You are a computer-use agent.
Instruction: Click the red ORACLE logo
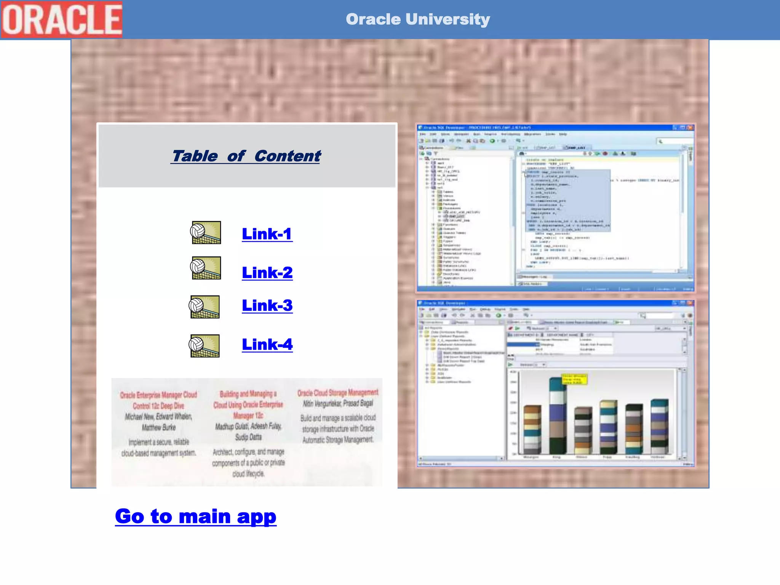click(61, 19)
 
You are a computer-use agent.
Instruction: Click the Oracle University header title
click(417, 19)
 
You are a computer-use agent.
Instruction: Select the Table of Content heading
click(246, 156)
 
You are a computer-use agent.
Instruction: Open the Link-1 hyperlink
click(267, 234)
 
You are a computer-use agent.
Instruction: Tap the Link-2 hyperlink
click(267, 273)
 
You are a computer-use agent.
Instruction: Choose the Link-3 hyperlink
click(267, 305)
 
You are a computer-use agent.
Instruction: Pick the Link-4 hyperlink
click(267, 344)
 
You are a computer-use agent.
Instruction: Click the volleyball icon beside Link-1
click(206, 232)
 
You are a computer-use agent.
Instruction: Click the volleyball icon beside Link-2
click(206, 268)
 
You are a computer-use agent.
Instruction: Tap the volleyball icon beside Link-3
click(205, 307)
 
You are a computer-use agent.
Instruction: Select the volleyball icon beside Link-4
click(205, 345)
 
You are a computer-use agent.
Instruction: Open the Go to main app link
click(196, 517)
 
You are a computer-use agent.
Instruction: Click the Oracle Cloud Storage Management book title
click(338, 393)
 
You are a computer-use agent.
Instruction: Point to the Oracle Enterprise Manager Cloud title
click(158, 400)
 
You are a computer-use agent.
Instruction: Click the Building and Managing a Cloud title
click(248, 404)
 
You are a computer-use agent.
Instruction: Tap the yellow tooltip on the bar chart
click(574, 379)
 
